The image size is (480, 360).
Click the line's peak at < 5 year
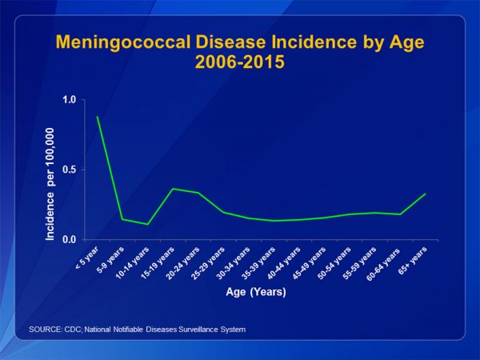[x=98, y=117]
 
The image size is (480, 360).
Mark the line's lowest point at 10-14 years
[x=148, y=224]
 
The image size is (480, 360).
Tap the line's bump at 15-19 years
[x=173, y=189]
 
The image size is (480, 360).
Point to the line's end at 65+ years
[x=426, y=194]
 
